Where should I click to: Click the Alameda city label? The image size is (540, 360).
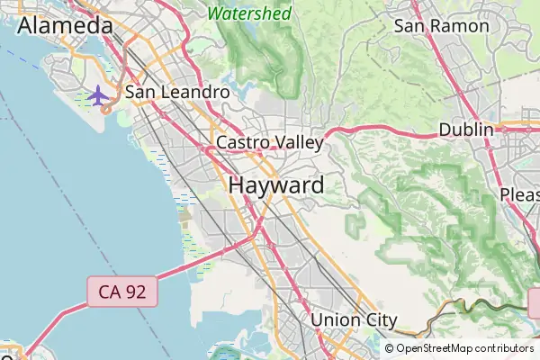[65, 26]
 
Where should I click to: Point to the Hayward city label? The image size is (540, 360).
[276, 185]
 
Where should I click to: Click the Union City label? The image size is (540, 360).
[354, 319]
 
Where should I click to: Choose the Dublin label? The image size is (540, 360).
[466, 130]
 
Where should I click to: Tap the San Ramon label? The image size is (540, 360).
[441, 25]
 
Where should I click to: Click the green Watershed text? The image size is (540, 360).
[249, 13]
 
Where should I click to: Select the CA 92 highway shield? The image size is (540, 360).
[123, 290]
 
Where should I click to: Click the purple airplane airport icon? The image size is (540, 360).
[97, 94]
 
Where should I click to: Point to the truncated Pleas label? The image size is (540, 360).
[520, 195]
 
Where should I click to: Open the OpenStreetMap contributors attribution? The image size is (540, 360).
[464, 348]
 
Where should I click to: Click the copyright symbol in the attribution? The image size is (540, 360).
[390, 348]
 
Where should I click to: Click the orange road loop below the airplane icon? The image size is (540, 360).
[106, 109]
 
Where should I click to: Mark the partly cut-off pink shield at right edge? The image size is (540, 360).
[535, 303]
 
